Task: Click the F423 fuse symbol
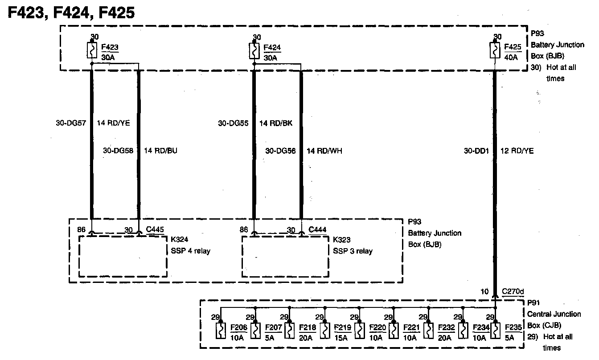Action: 92,51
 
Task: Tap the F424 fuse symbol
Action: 254,51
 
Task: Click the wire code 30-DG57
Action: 71,123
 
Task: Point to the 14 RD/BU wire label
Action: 161,151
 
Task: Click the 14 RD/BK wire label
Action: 276,123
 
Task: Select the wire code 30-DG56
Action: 280,151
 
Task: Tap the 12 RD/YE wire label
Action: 517,151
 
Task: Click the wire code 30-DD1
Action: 476,151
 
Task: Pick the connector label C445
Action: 155,230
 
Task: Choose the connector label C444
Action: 317,230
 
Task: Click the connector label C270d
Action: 513,292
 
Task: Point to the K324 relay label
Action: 180,240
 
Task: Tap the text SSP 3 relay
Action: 353,251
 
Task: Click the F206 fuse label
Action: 238,328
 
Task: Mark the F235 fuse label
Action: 513,328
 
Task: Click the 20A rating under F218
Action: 306,338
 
